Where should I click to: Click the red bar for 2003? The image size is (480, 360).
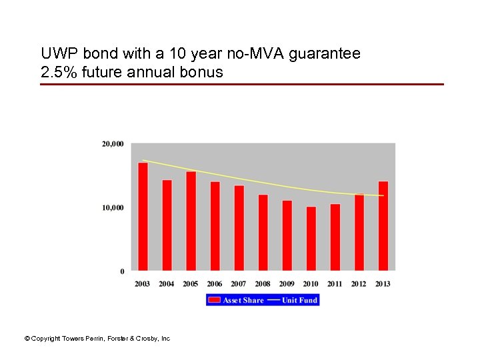[143, 217]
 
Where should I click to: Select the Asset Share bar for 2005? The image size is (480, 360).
[191, 221]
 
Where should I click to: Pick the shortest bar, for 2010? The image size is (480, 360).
[311, 238]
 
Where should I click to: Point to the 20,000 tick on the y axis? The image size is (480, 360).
[113, 144]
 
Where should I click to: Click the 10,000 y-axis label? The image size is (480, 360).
[113, 208]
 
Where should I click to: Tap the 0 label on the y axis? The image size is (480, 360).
[122, 271]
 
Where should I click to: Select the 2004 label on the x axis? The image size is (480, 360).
[167, 284]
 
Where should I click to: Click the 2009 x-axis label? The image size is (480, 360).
[287, 284]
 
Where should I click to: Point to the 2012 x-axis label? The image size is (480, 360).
[359, 284]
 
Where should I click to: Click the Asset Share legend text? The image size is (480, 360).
[243, 301]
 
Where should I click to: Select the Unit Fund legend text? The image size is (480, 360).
[299, 301]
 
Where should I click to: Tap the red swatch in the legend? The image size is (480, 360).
[215, 301]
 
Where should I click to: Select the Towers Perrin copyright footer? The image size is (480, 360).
[97, 339]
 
